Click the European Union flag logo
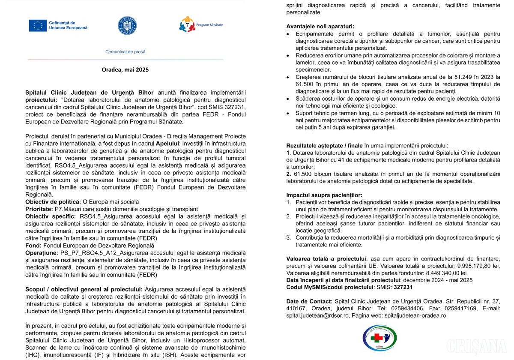[38, 26]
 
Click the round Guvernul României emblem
[127, 26]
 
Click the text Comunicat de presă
[126, 52]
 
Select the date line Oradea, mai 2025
[125, 69]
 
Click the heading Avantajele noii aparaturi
[320, 26]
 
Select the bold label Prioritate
[39, 209]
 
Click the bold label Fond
[33, 246]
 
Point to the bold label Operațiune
[41, 253]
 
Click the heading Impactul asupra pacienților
[324, 195]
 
